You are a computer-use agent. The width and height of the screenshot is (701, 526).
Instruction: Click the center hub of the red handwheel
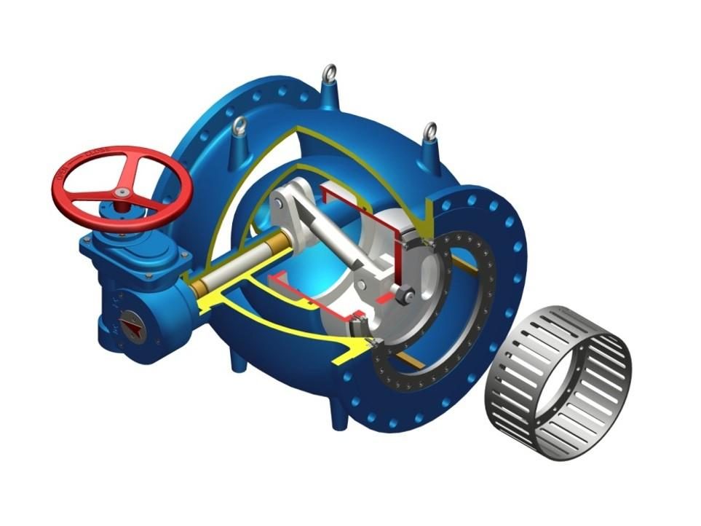[122, 192]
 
